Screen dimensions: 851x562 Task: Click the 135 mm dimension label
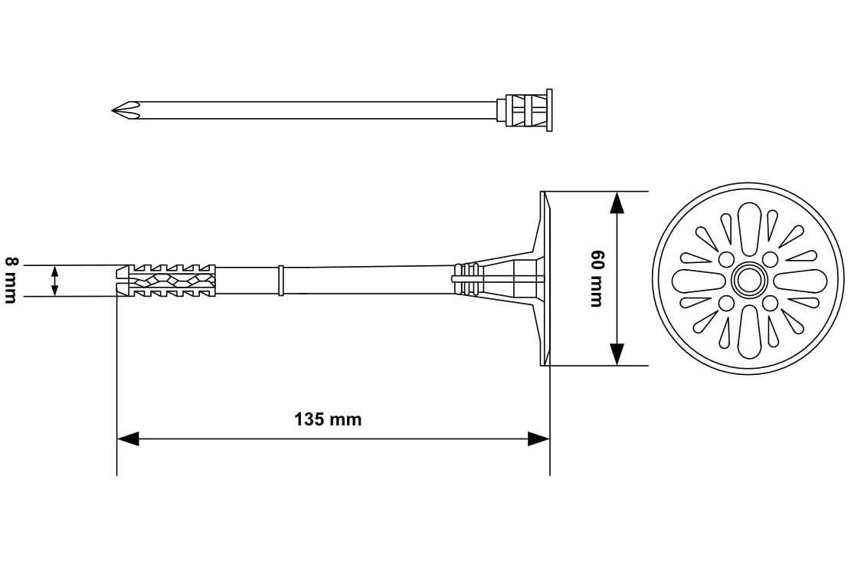[x=328, y=419]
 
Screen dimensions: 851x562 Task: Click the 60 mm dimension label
[x=597, y=278]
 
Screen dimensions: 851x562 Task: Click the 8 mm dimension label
[x=11, y=280]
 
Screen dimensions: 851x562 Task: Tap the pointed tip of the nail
[x=113, y=110]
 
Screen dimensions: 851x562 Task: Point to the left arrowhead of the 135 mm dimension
[x=128, y=439]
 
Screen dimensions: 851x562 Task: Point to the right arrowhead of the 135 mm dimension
[x=538, y=439]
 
